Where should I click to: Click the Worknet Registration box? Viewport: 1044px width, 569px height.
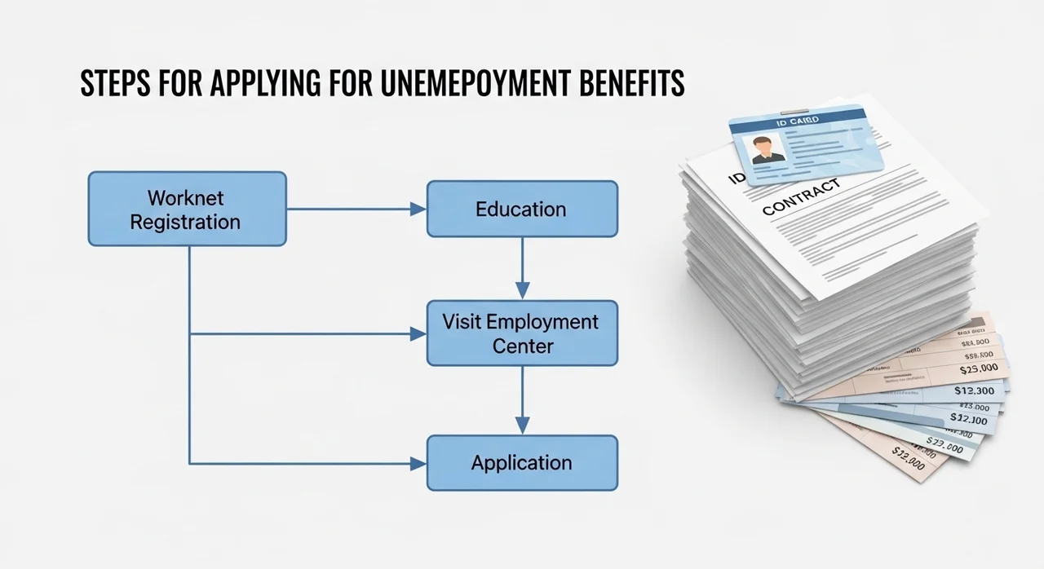pyautogui.click(x=187, y=209)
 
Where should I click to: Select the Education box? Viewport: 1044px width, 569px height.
pyautogui.click(x=522, y=209)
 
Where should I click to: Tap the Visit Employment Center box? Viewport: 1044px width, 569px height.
pyautogui.click(x=522, y=333)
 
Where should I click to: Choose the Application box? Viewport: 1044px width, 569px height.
pyautogui.click(x=522, y=463)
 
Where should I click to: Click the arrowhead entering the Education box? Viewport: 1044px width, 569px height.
pyautogui.click(x=418, y=209)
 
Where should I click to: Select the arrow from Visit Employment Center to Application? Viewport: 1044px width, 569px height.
pyautogui.click(x=522, y=399)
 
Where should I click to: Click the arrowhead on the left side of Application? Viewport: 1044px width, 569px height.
pyautogui.click(x=418, y=463)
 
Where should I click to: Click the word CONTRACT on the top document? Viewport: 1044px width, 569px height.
pyautogui.click(x=800, y=198)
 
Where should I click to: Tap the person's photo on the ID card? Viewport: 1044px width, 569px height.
pyautogui.click(x=768, y=149)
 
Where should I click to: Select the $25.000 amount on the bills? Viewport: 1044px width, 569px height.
pyautogui.click(x=978, y=368)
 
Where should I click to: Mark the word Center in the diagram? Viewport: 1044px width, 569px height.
pyautogui.click(x=522, y=346)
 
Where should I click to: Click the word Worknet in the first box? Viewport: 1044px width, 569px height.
pyautogui.click(x=185, y=197)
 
